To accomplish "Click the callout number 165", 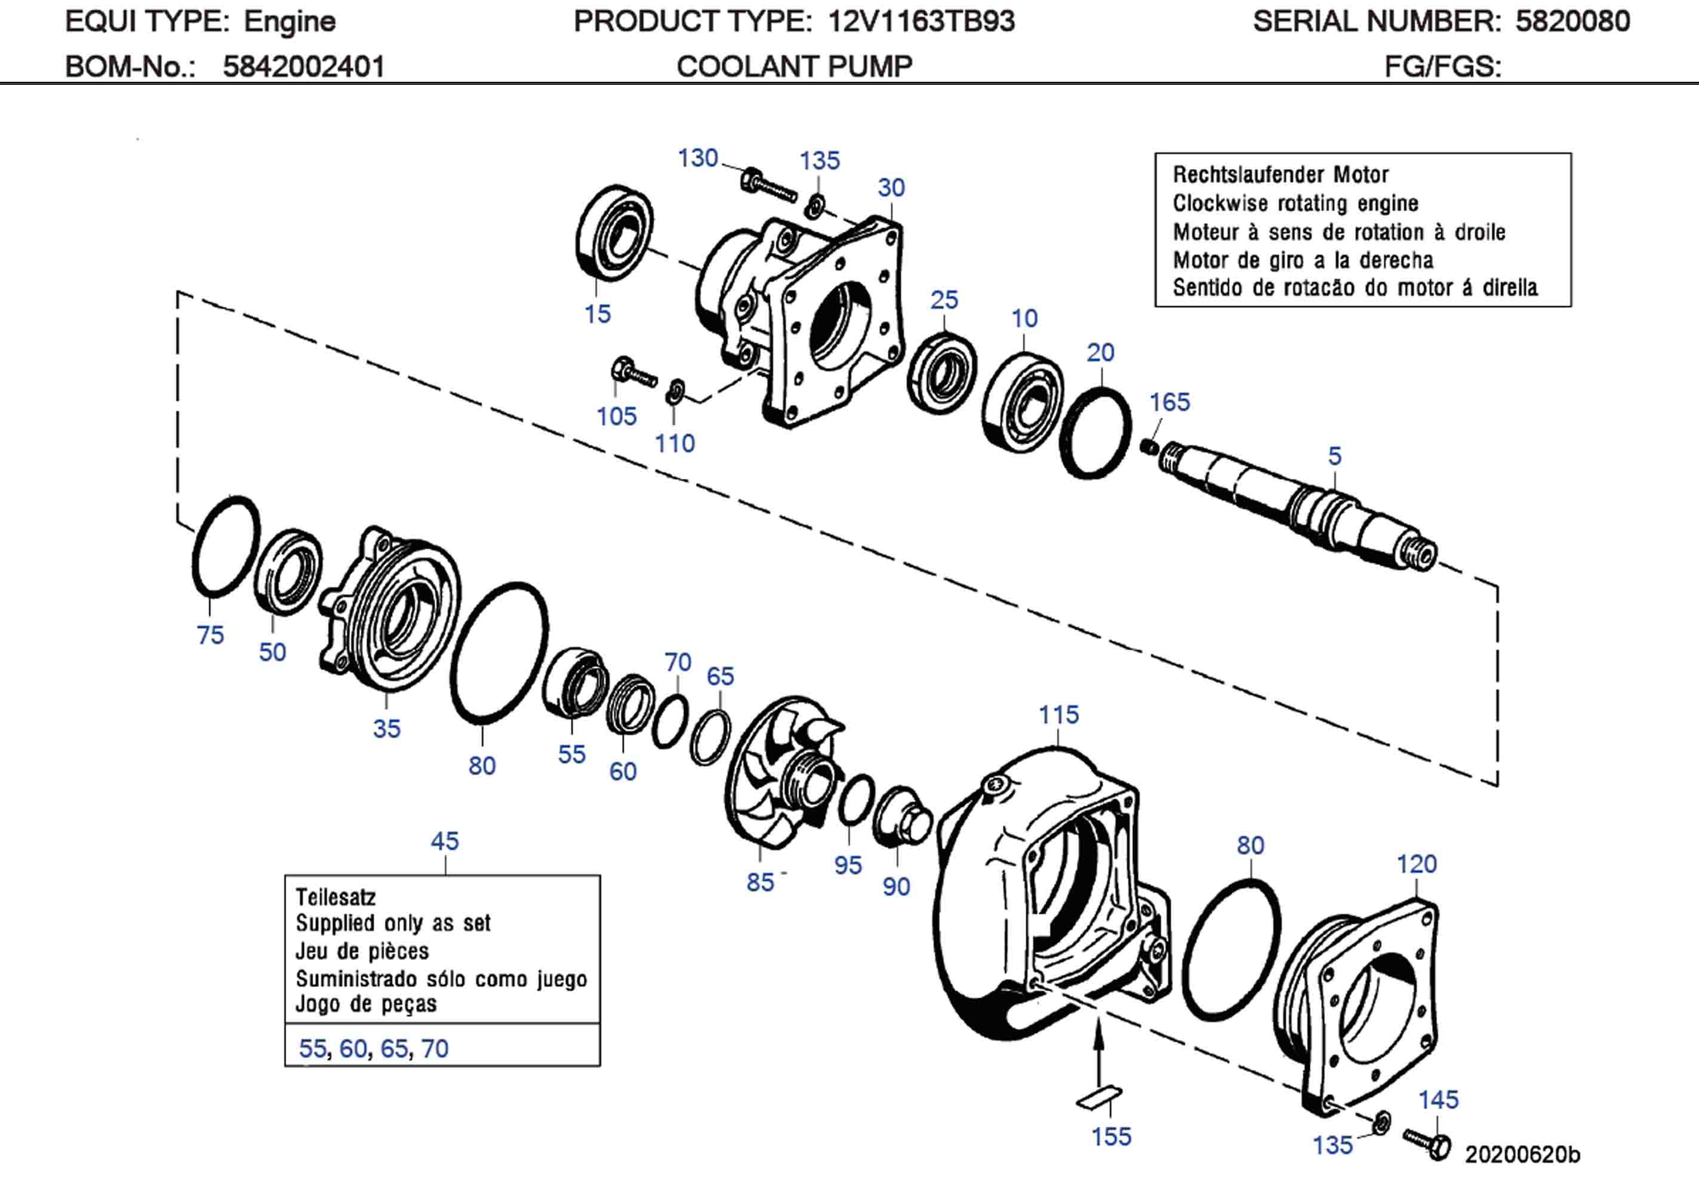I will [x=1169, y=402].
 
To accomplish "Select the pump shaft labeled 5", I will [x=1295, y=504].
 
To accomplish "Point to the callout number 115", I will [x=1058, y=715].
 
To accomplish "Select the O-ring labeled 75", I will [x=226, y=547].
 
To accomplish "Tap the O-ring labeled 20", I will [x=1095, y=432].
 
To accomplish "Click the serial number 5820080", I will [x=1572, y=21].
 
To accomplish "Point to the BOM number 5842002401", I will [x=303, y=67].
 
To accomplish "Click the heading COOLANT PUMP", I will [x=794, y=67].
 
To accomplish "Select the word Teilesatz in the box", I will [x=336, y=897].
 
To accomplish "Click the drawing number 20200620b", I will [x=1522, y=1155].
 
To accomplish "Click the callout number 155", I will [x=1111, y=1137].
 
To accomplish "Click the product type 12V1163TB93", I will [x=921, y=21].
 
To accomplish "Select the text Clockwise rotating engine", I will [x=1295, y=203].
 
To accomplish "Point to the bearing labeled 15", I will [x=614, y=232].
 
